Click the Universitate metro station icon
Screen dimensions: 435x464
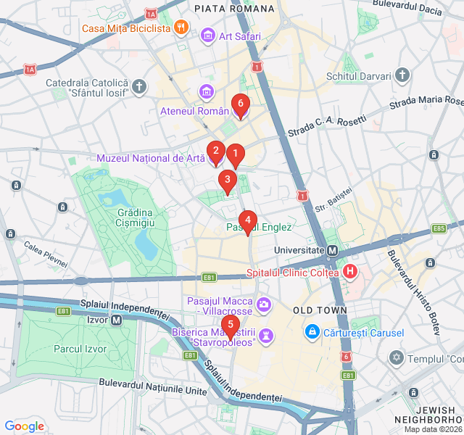pyautogui.click(x=332, y=250)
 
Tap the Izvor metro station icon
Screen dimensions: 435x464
pyautogui.click(x=116, y=320)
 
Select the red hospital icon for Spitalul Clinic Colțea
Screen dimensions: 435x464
pyautogui.click(x=350, y=273)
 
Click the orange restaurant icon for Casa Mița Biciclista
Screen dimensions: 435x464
pyautogui.click(x=181, y=28)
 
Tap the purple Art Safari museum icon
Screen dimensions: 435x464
pyautogui.click(x=208, y=35)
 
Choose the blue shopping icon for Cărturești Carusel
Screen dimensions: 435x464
pyautogui.click(x=312, y=331)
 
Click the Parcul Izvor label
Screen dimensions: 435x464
pyautogui.click(x=80, y=349)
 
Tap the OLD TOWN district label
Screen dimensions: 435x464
pyautogui.click(x=320, y=310)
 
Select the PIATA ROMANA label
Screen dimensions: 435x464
pyautogui.click(x=234, y=9)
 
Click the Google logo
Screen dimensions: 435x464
pyautogui.click(x=24, y=426)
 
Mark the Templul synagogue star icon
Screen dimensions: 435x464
pyautogui.click(x=396, y=357)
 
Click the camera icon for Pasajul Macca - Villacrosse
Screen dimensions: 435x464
pyautogui.click(x=264, y=302)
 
